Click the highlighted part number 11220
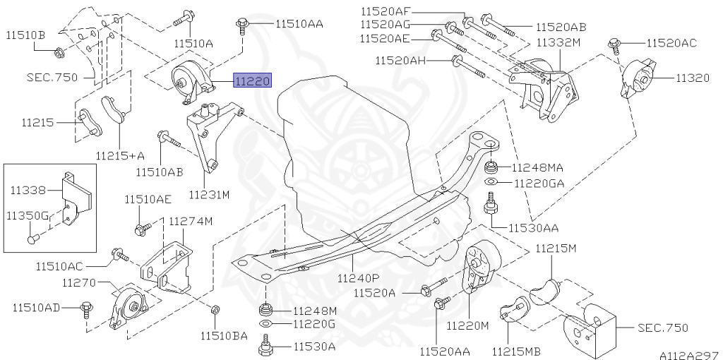[x=252, y=82]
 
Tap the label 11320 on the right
[x=693, y=78]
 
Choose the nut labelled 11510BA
[x=216, y=310]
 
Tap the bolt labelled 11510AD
[x=87, y=307]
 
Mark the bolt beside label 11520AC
[x=615, y=46]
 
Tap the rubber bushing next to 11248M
[x=266, y=310]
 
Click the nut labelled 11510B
[x=59, y=51]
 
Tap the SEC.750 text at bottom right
[x=662, y=328]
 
